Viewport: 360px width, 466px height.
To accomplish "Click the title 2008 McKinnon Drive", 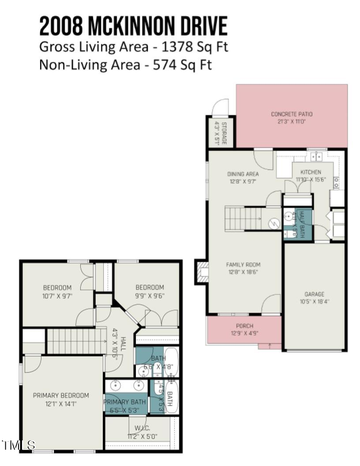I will (133, 26).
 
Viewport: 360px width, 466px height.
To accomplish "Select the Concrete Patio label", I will (292, 114).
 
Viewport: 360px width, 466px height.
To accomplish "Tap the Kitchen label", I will (311, 172).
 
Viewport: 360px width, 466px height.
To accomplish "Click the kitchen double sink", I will (316, 156).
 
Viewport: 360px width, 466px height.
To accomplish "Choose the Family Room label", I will (243, 265).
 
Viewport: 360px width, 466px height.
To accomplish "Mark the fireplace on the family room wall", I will (202, 272).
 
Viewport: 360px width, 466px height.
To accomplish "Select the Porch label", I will (244, 326).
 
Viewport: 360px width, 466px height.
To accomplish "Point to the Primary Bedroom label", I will (61, 395).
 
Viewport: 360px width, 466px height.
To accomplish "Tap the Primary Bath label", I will (124, 402).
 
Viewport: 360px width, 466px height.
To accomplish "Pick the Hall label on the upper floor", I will (123, 342).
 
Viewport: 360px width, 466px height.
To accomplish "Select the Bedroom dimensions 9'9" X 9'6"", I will (150, 296).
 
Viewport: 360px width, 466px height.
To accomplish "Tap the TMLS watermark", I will (18, 445).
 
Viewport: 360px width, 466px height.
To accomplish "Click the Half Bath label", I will (302, 225).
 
